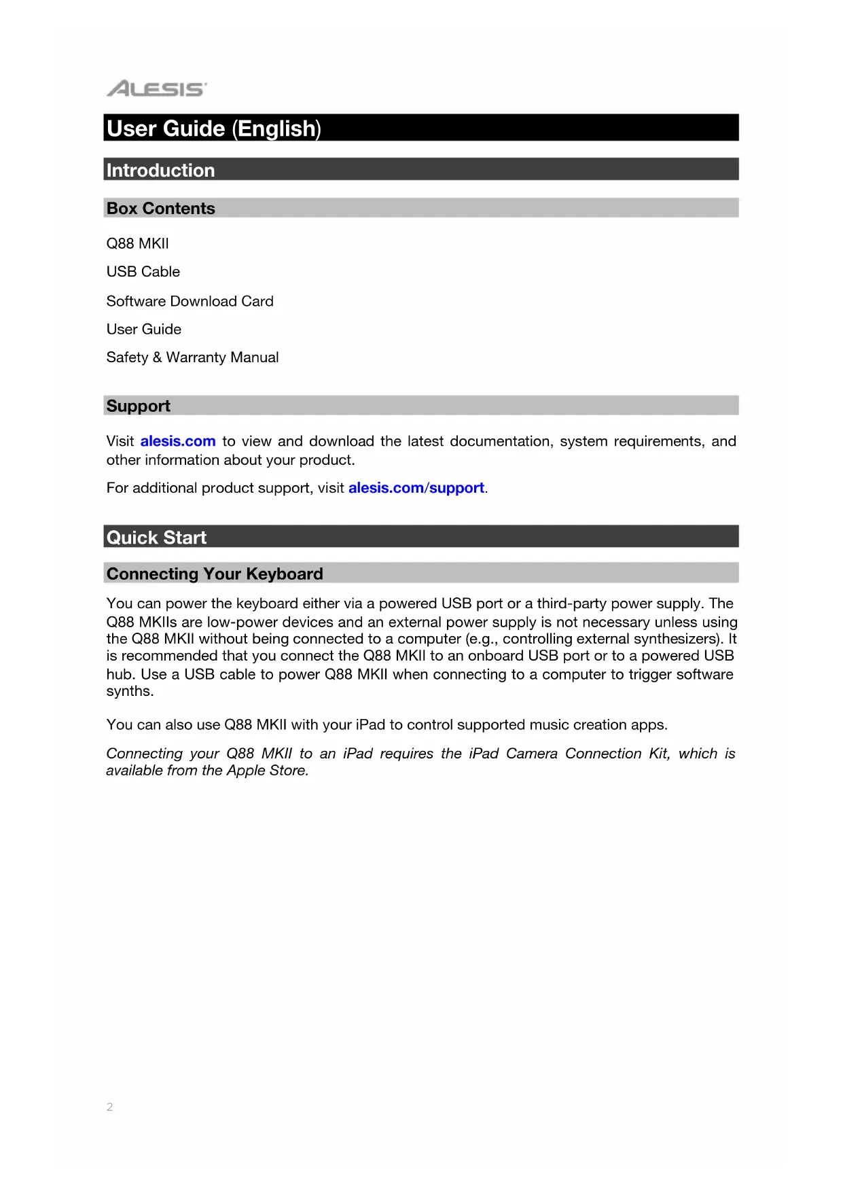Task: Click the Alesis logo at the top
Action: [156, 88]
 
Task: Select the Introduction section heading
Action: [160, 170]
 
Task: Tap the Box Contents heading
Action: [160, 209]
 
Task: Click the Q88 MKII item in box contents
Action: [137, 243]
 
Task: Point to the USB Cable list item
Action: [143, 272]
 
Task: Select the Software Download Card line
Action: [190, 301]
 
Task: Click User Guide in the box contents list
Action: [143, 330]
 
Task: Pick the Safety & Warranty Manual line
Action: [192, 357]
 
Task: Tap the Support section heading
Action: [138, 406]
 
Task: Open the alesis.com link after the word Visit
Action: [178, 441]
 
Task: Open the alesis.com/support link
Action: [416, 488]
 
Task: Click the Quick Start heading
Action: [156, 538]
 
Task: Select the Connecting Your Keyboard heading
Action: [215, 574]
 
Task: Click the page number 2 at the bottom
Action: [109, 1107]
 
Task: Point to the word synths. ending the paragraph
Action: [130, 691]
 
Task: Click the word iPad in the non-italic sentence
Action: [370, 724]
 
